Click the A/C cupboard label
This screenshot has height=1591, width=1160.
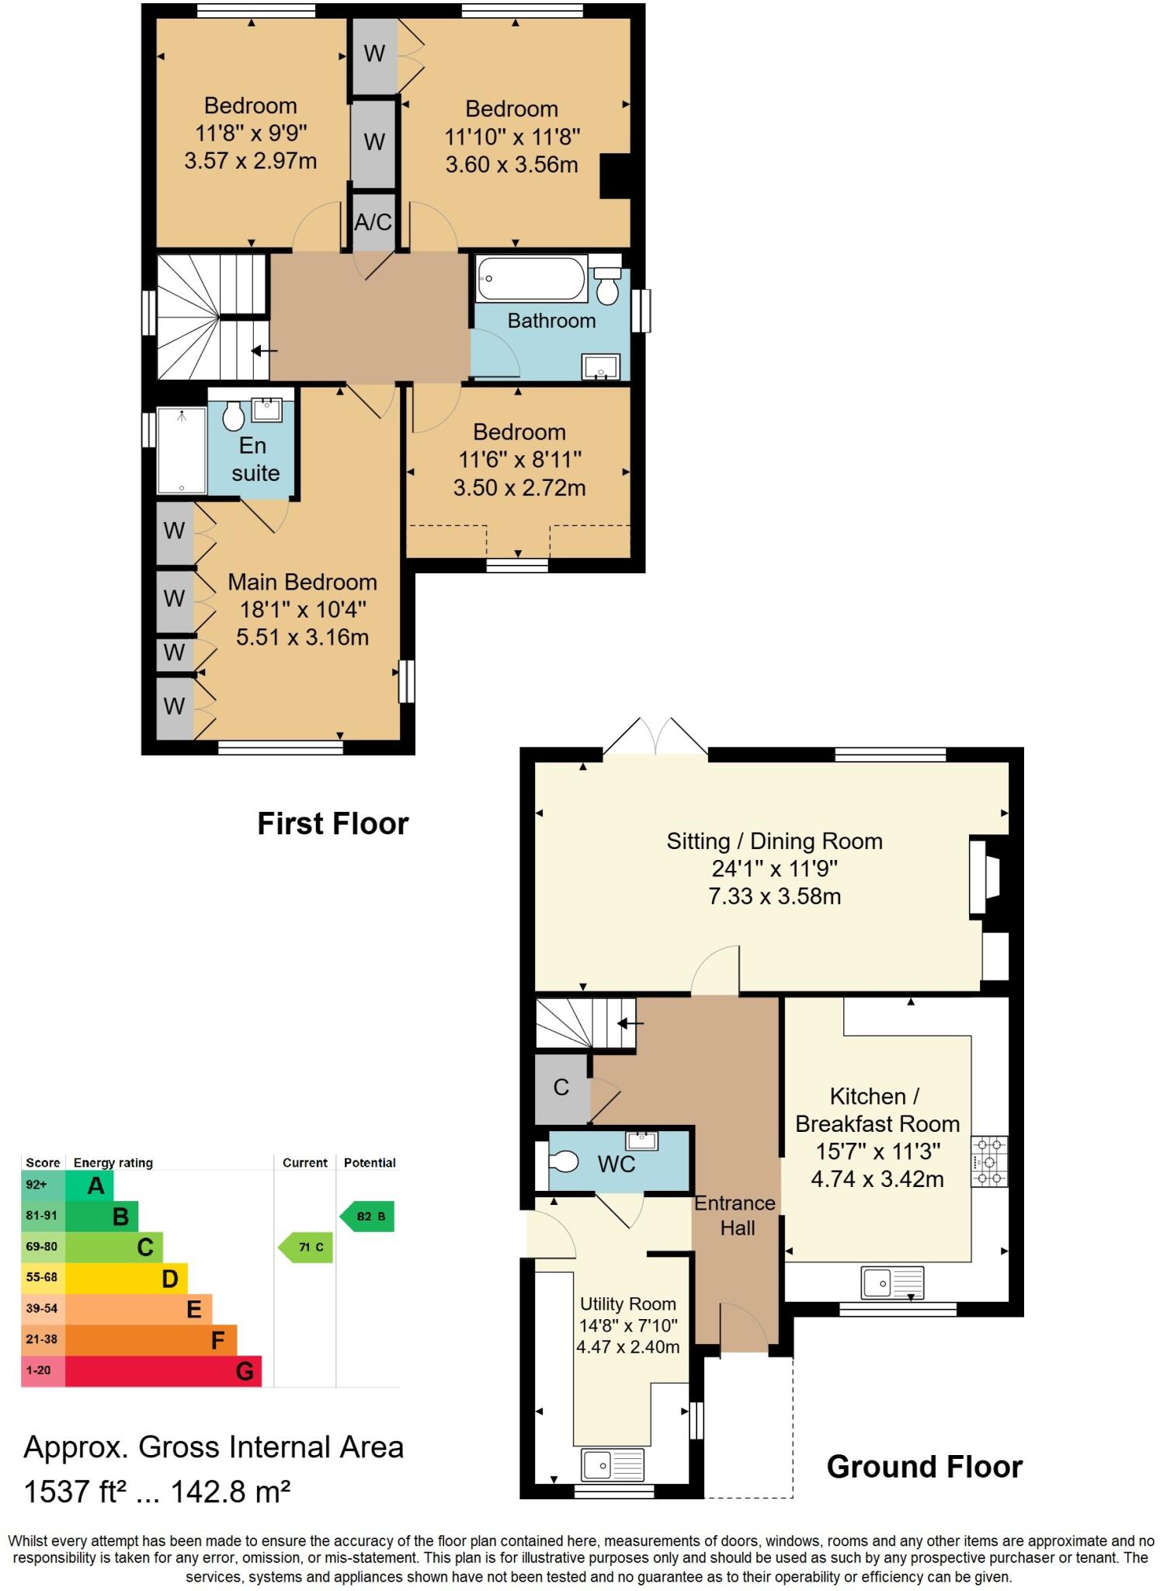click(x=373, y=223)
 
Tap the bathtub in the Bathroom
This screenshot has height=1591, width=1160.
click(x=532, y=279)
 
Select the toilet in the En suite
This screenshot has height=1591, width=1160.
click(x=233, y=416)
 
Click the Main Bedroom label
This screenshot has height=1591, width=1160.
click(x=302, y=582)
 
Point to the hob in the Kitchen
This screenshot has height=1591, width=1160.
click(x=989, y=1161)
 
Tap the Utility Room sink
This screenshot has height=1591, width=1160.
click(x=613, y=1465)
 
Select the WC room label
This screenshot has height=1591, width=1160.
click(x=616, y=1164)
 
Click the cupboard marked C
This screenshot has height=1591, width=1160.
click(x=561, y=1088)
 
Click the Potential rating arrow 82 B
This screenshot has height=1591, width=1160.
click(x=368, y=1216)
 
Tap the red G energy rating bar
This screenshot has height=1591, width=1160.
click(x=163, y=1371)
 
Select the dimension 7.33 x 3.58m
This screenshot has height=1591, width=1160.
click(x=774, y=896)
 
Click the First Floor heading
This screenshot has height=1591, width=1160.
click(x=332, y=823)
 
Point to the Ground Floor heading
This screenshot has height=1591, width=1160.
click(x=924, y=1467)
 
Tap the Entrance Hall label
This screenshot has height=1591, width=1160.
click(x=735, y=1215)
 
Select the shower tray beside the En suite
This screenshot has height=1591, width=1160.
click(x=181, y=451)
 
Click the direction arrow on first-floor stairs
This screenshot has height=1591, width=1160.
click(x=264, y=351)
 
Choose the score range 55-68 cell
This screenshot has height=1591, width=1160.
click(x=42, y=1277)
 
